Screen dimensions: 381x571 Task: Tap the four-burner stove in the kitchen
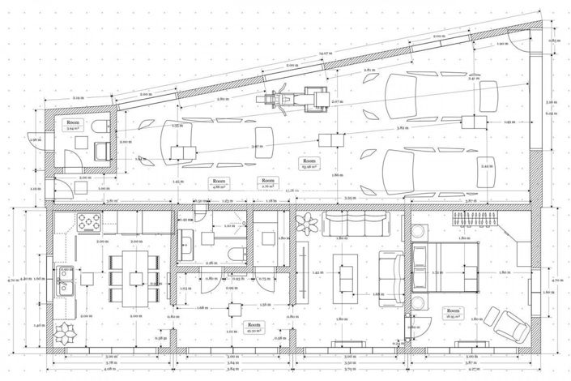tap(87, 221)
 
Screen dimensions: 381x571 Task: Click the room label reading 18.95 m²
tap(451, 315)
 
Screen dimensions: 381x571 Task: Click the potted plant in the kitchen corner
tap(64, 332)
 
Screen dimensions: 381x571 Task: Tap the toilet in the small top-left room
tap(99, 126)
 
